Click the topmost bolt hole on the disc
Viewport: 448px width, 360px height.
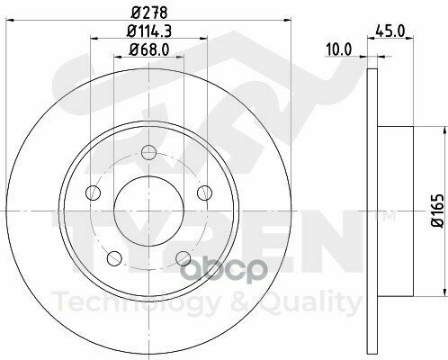[x=149, y=149]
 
